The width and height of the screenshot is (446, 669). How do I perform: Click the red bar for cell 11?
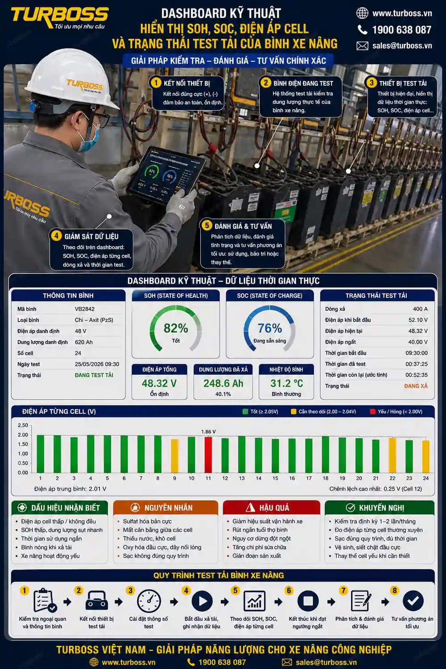pyautogui.click(x=208, y=454)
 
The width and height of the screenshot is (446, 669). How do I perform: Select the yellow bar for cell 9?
pyautogui.click(x=175, y=456)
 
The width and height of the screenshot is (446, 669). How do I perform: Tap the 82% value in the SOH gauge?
pyautogui.click(x=176, y=328)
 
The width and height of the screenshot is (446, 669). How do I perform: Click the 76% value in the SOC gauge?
pyautogui.click(x=270, y=328)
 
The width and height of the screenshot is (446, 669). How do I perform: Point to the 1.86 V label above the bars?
pyautogui.click(x=208, y=432)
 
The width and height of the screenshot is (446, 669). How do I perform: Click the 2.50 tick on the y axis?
pyautogui.click(x=23, y=425)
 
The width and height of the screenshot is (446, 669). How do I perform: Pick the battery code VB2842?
pyautogui.click(x=85, y=309)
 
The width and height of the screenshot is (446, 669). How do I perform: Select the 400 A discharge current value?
pyautogui.click(x=420, y=309)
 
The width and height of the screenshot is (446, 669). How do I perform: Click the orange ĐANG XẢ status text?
pyautogui.click(x=416, y=386)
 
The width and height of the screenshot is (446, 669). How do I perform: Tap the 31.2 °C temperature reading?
pyautogui.click(x=286, y=383)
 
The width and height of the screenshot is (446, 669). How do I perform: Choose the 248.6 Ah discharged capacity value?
pyautogui.click(x=223, y=383)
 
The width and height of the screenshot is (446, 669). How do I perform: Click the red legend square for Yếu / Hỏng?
pyautogui.click(x=372, y=412)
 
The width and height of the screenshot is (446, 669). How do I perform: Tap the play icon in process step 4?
pyautogui.click(x=202, y=601)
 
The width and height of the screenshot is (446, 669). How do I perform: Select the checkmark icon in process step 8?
pyautogui.click(x=413, y=601)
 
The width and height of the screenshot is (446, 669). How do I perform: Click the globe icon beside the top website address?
pyautogui.click(x=362, y=13)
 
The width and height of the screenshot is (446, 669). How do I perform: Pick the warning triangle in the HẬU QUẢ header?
pyautogui.click(x=250, y=508)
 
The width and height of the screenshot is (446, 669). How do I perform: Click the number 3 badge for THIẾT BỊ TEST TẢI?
pyautogui.click(x=372, y=83)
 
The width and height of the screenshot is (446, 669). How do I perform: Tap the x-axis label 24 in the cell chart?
pyautogui.click(x=425, y=478)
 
